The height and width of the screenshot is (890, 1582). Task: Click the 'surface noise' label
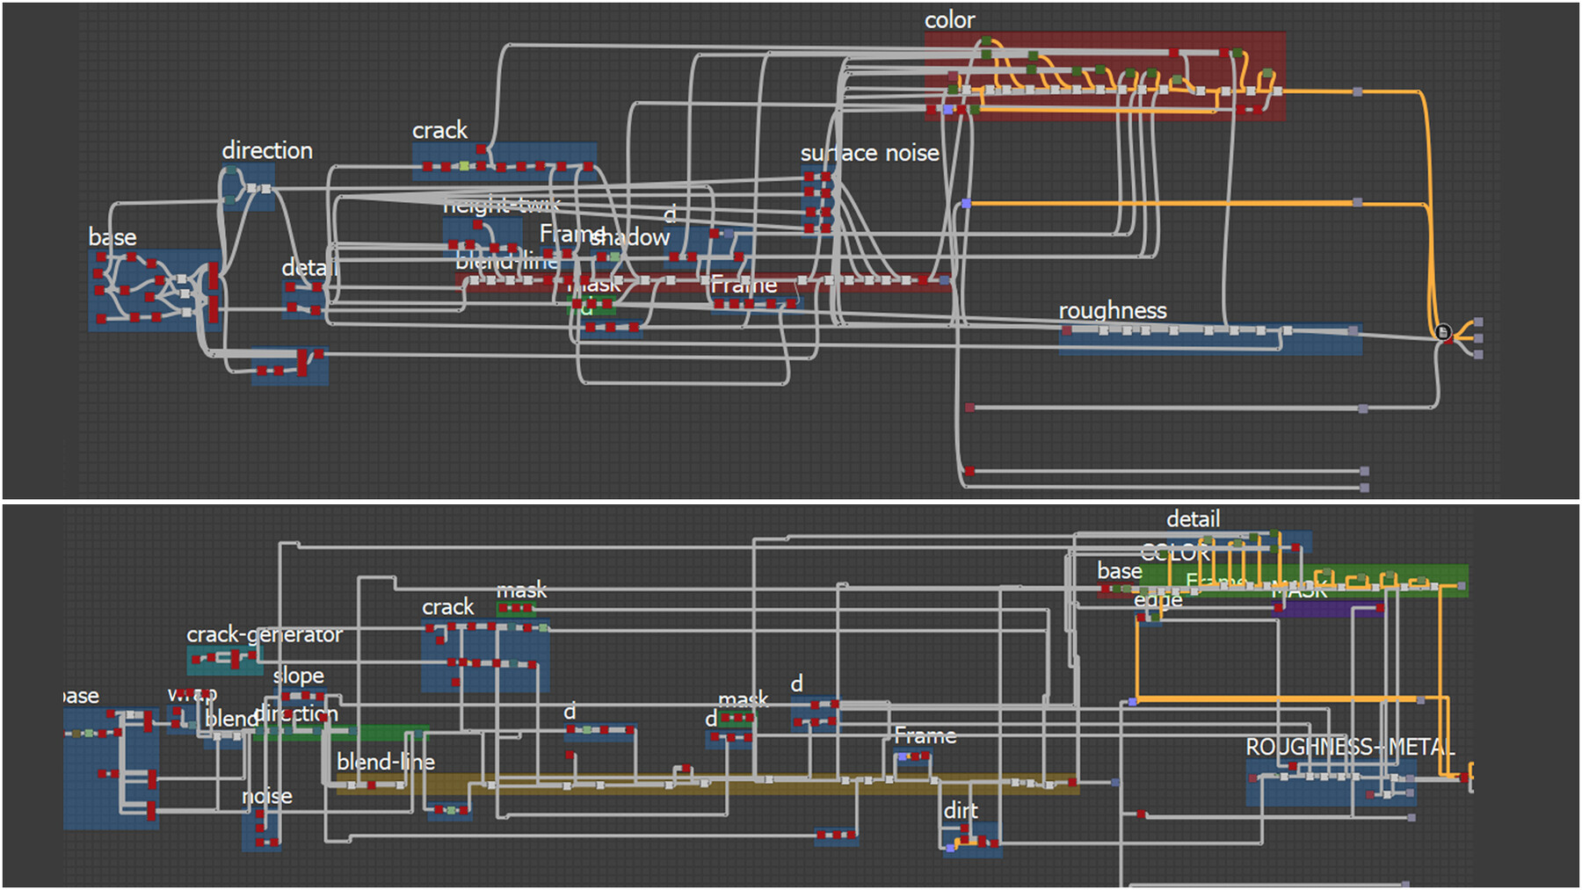coord(869,153)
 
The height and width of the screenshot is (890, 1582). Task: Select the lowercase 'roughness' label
coord(1113,310)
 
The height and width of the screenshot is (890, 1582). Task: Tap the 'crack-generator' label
coord(264,634)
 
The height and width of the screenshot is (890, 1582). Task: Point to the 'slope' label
coord(298,676)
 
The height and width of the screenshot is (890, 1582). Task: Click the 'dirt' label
coord(961,811)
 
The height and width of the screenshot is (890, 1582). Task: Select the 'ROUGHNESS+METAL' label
coord(1350,748)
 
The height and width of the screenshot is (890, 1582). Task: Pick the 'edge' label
coord(1157,600)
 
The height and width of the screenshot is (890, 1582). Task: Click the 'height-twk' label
coord(501,206)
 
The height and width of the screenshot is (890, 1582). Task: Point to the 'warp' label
coord(192,694)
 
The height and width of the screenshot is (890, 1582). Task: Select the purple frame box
coord(1327,609)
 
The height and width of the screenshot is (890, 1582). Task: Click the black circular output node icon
coord(1442,332)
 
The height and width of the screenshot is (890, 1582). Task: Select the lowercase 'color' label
coord(949,20)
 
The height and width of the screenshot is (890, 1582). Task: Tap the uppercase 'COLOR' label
coord(1175,553)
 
